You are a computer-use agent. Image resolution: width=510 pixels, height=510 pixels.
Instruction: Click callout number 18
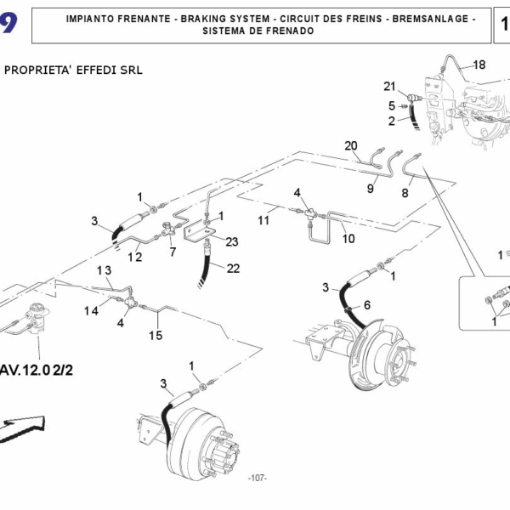pyautogui.click(x=479, y=65)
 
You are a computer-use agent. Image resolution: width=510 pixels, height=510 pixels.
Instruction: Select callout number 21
pyautogui.click(x=389, y=86)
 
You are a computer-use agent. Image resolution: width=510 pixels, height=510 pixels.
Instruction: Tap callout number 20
pyautogui.click(x=351, y=145)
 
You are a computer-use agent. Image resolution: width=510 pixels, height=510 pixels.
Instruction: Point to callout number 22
pyautogui.click(x=233, y=269)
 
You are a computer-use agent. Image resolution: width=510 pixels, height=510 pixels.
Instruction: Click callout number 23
pyautogui.click(x=232, y=241)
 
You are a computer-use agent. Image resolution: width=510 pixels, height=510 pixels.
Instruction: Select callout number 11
pyautogui.click(x=263, y=220)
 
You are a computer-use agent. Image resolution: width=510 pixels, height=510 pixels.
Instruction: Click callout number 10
pyautogui.click(x=348, y=239)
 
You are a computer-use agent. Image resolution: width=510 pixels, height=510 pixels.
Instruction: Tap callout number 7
pyautogui.click(x=173, y=252)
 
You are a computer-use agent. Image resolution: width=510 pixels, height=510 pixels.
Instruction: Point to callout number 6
pyautogui.click(x=366, y=304)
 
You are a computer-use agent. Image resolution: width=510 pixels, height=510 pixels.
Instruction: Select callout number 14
pyautogui.click(x=91, y=311)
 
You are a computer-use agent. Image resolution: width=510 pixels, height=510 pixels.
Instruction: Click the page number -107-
pyautogui.click(x=257, y=479)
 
